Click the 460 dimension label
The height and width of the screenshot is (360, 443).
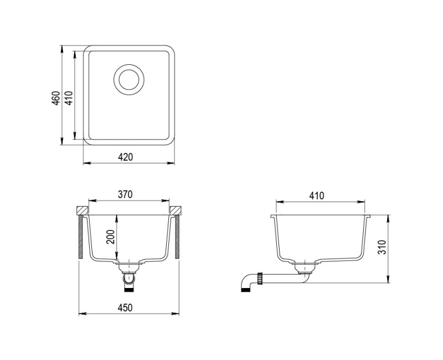56,98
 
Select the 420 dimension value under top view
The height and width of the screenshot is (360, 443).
125,157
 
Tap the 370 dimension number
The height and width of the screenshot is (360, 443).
125,194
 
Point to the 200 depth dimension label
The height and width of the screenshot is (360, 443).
110,237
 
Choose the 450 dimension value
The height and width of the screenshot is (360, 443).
125,308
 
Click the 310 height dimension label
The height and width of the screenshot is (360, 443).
382,247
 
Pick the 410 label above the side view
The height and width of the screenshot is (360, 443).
317,196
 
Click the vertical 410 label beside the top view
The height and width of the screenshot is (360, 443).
69,98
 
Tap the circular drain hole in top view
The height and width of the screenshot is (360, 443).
129,79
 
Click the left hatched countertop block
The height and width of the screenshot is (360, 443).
83,210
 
